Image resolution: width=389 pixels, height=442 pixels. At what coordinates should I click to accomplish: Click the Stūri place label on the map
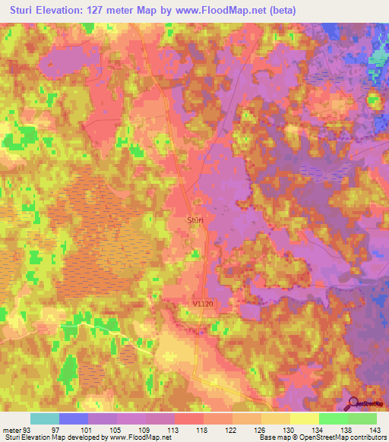(196, 219)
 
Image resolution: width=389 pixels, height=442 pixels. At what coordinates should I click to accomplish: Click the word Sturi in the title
(27, 11)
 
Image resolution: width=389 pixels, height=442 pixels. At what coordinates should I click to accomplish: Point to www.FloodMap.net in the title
(226, 11)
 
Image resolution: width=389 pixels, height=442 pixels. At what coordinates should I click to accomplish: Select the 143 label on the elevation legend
(376, 430)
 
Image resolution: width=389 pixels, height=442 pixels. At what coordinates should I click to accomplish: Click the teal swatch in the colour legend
(45, 418)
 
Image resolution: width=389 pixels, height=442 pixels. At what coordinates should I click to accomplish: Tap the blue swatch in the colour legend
(74, 418)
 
